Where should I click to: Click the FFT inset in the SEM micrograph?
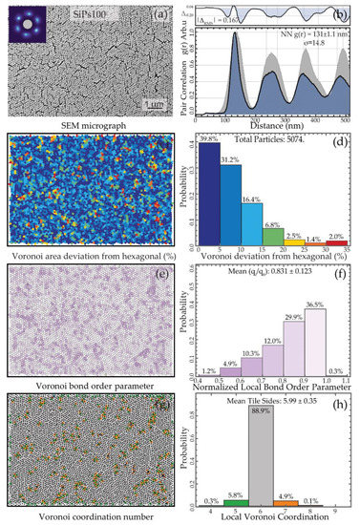point(21,22)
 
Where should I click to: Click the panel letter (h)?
point(342,398)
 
